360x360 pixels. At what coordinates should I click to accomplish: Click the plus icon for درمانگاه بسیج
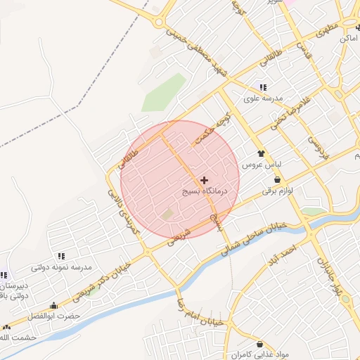point(205,181)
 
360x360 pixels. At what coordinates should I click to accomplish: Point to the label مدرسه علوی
point(263,98)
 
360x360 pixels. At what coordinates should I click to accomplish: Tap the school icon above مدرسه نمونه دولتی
point(61,256)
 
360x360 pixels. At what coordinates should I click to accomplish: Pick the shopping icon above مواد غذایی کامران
point(261,344)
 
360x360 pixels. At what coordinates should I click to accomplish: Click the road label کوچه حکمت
point(213,130)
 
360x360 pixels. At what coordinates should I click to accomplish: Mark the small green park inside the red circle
point(167,213)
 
